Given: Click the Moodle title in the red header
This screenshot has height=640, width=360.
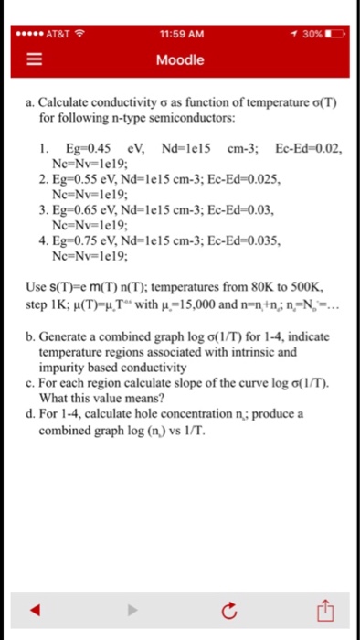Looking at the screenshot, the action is (180, 61).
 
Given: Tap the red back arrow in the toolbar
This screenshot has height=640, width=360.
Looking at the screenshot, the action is (34, 609).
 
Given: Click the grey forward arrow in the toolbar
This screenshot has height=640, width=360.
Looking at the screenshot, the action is (131, 609).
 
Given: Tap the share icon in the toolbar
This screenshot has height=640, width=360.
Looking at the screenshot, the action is (324, 609).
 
